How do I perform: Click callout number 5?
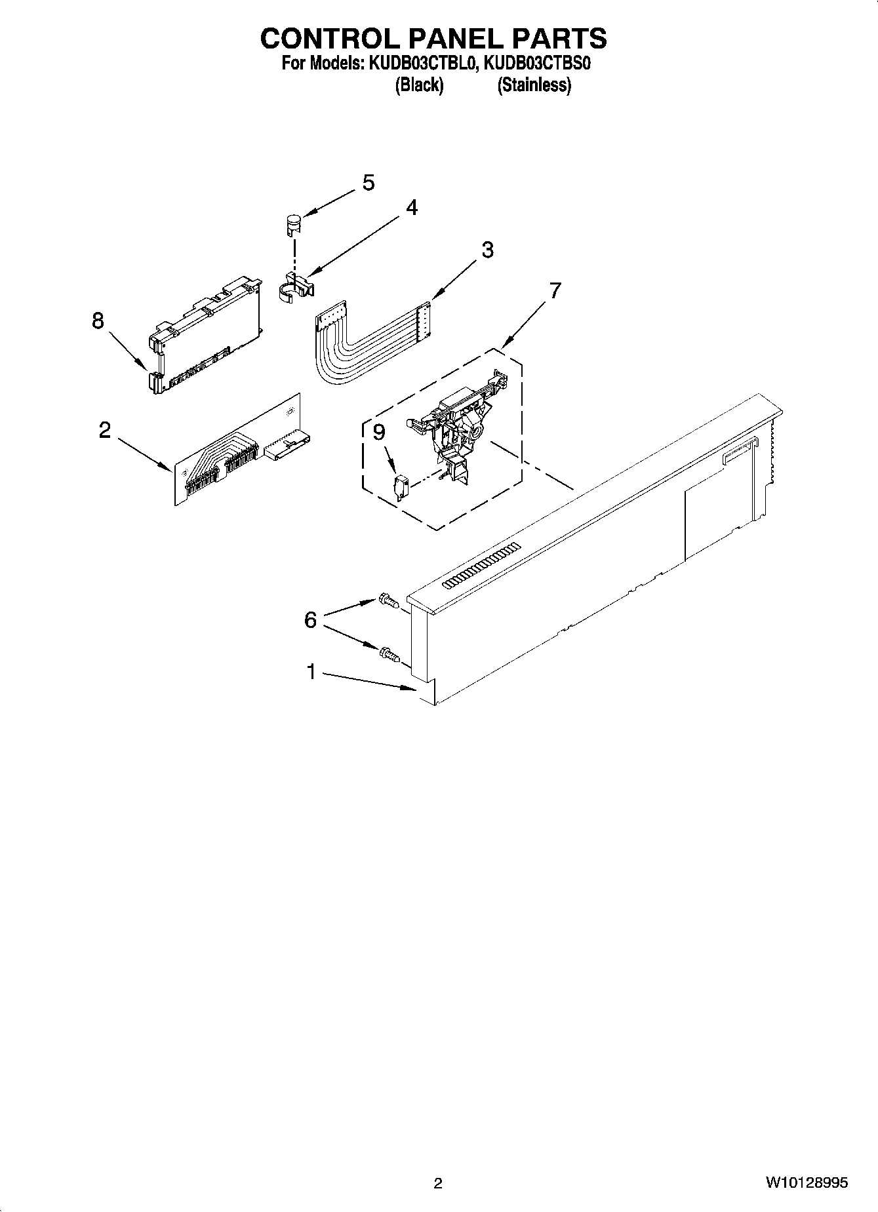pos(369,183)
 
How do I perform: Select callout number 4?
pos(411,208)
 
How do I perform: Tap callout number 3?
pos(487,250)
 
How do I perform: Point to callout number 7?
pos(555,290)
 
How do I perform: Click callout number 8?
pos(98,321)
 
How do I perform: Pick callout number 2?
pos(104,431)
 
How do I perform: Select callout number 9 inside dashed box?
pos(379,433)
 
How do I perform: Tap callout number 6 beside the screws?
pos(310,619)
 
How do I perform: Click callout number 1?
pos(311,672)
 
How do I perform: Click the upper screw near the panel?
pos(388,600)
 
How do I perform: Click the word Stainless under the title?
pos(534,85)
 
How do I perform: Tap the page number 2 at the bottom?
pos(438,1183)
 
